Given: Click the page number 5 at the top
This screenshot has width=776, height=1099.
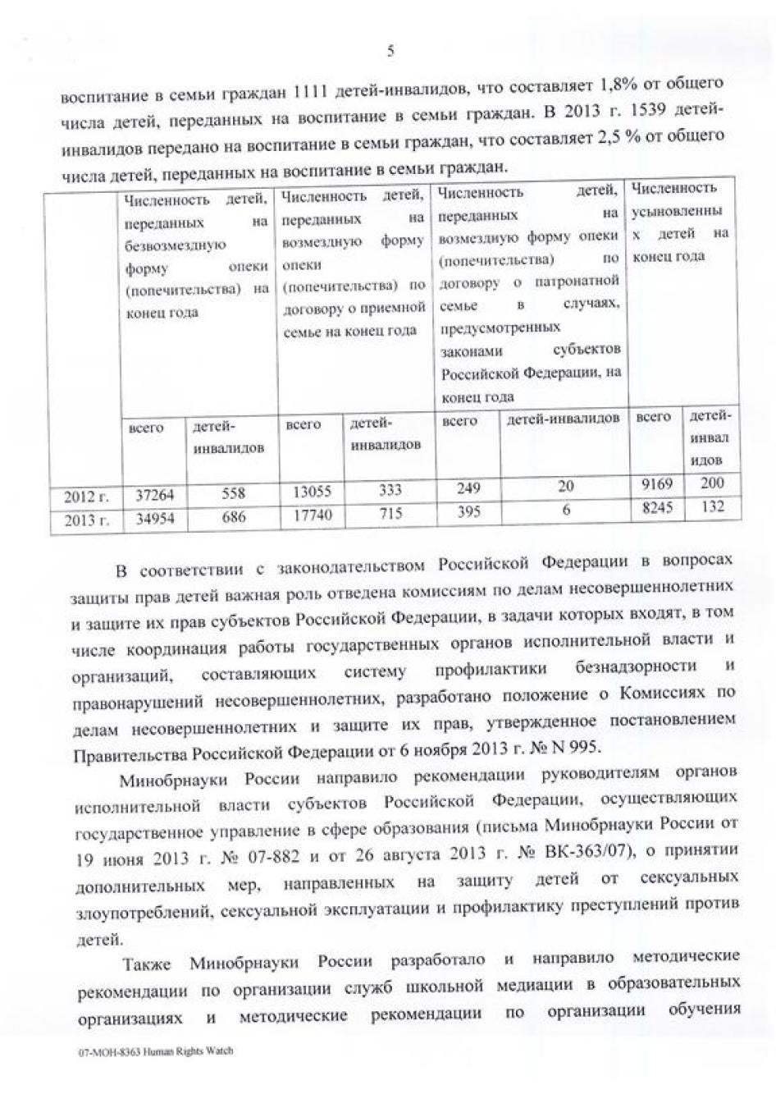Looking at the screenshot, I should point(390,51).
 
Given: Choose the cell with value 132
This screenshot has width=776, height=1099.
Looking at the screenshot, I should point(712,507).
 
